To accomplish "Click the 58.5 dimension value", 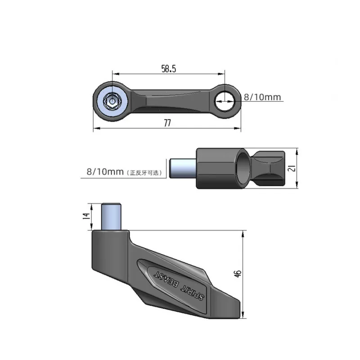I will point(168,68).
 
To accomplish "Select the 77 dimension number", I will point(167,124).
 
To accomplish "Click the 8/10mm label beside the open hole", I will point(262,97).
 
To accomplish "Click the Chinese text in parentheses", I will point(145,172).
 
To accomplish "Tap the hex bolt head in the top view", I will point(111,101).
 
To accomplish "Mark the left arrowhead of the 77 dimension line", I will point(95,130).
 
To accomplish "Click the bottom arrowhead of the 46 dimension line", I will point(243,316).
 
